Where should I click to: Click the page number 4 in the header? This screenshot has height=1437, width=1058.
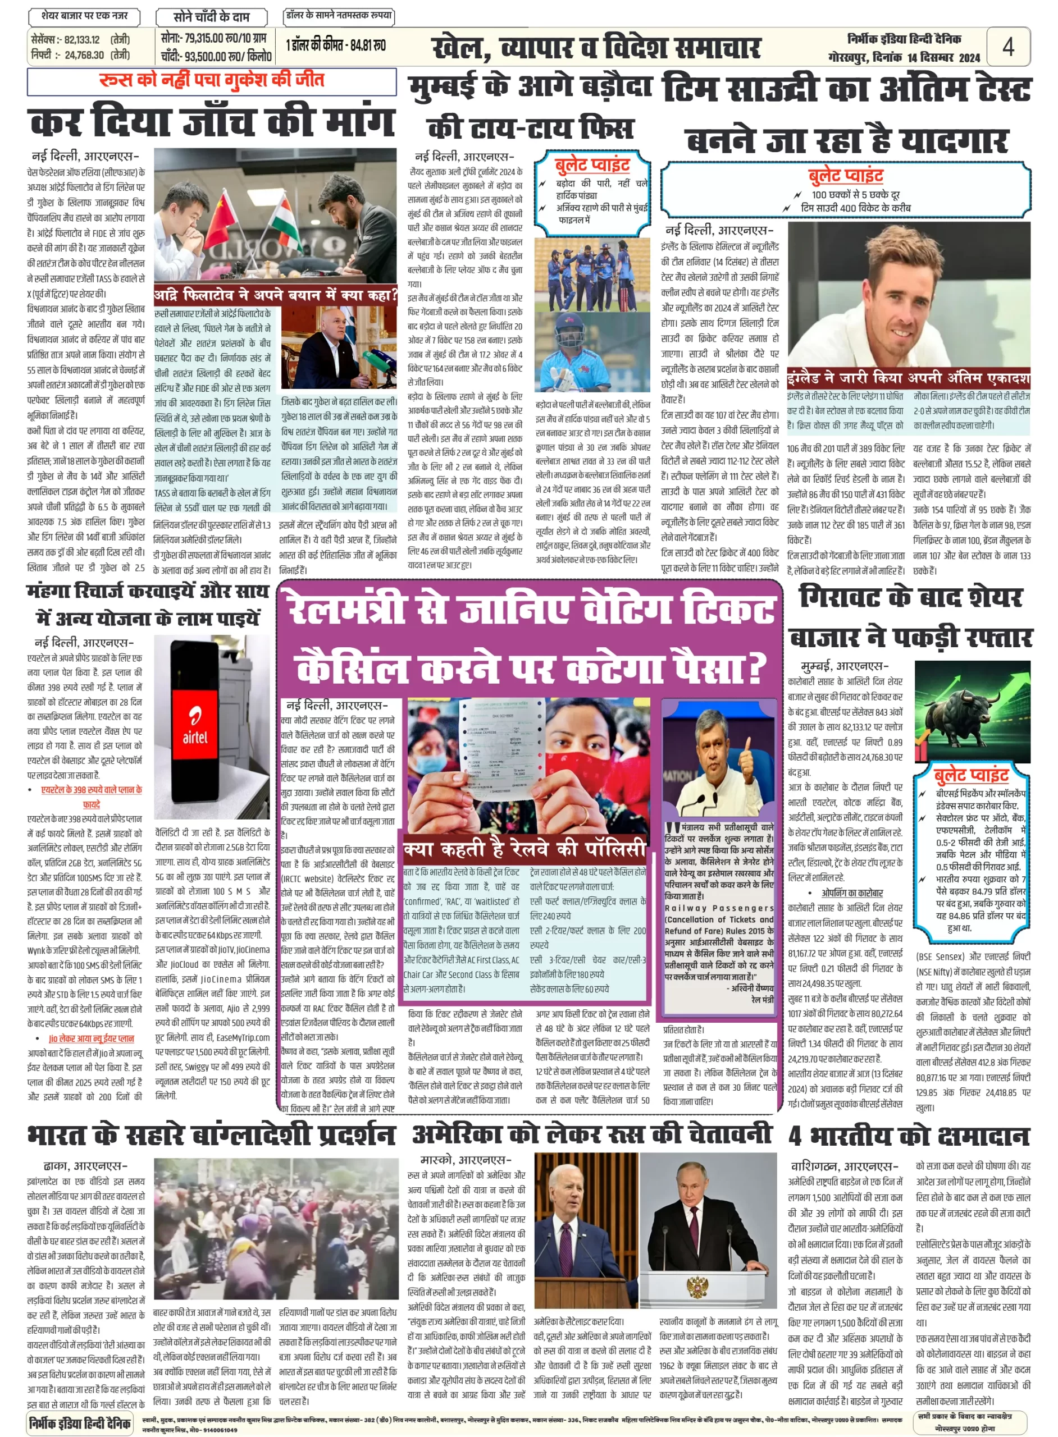pyautogui.click(x=1007, y=46)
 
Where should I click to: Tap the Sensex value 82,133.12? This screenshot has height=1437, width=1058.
pyautogui.click(x=81, y=40)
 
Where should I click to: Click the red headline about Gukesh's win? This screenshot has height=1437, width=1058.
pyautogui.click(x=211, y=81)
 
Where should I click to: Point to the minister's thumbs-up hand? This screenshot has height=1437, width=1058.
pyautogui.click(x=748, y=760)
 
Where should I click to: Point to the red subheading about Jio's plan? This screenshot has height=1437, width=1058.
pyautogui.click(x=92, y=1038)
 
